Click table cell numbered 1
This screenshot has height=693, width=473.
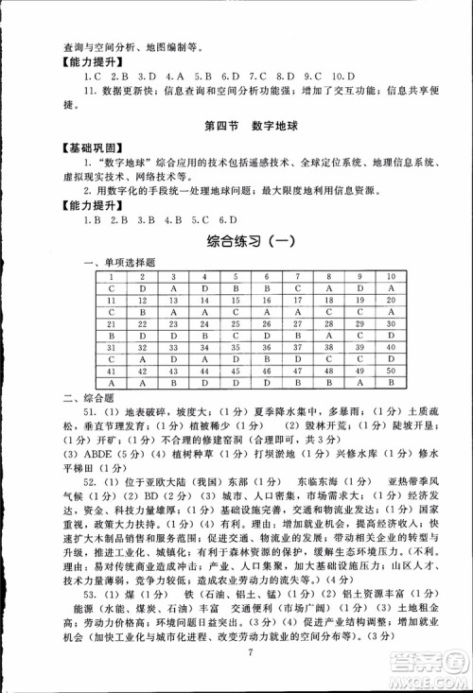click(112, 275)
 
